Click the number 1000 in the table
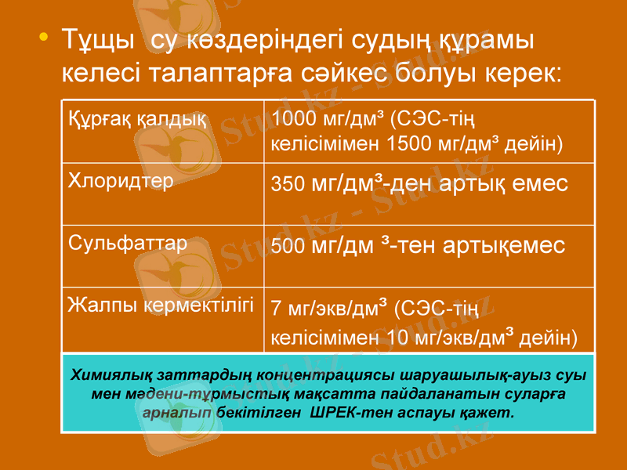pyautogui.click(x=290, y=121)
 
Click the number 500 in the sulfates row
pyautogui.click(x=287, y=248)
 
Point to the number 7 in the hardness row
pyautogui.click(x=275, y=309)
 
